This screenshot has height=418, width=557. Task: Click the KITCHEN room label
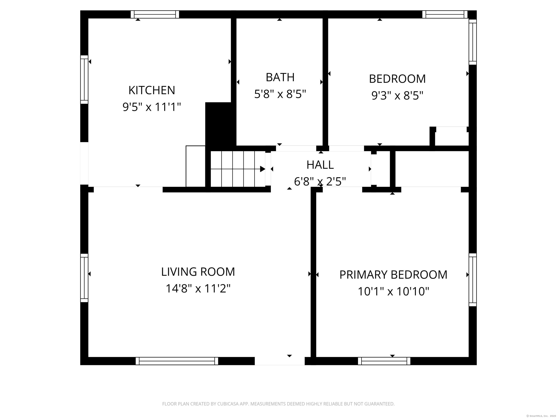point(152,90)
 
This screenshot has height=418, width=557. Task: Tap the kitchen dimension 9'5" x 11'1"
point(152,107)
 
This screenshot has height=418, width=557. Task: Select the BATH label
point(280,77)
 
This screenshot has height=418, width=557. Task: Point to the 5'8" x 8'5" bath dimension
point(280,94)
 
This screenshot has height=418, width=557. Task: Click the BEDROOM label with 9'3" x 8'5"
point(397,79)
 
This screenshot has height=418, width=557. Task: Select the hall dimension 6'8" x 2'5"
point(320,181)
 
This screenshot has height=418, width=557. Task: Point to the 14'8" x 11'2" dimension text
point(198,288)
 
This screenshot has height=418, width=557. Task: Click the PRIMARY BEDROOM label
point(393,275)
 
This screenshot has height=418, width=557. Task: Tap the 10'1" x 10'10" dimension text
point(393,292)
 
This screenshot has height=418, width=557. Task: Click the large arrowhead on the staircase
point(262,169)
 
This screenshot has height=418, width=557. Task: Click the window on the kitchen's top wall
point(155,14)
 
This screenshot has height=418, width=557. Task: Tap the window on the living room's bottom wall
point(177,361)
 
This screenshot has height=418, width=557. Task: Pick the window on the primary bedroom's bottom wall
point(384,361)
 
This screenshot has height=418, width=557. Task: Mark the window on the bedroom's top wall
point(445,14)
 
